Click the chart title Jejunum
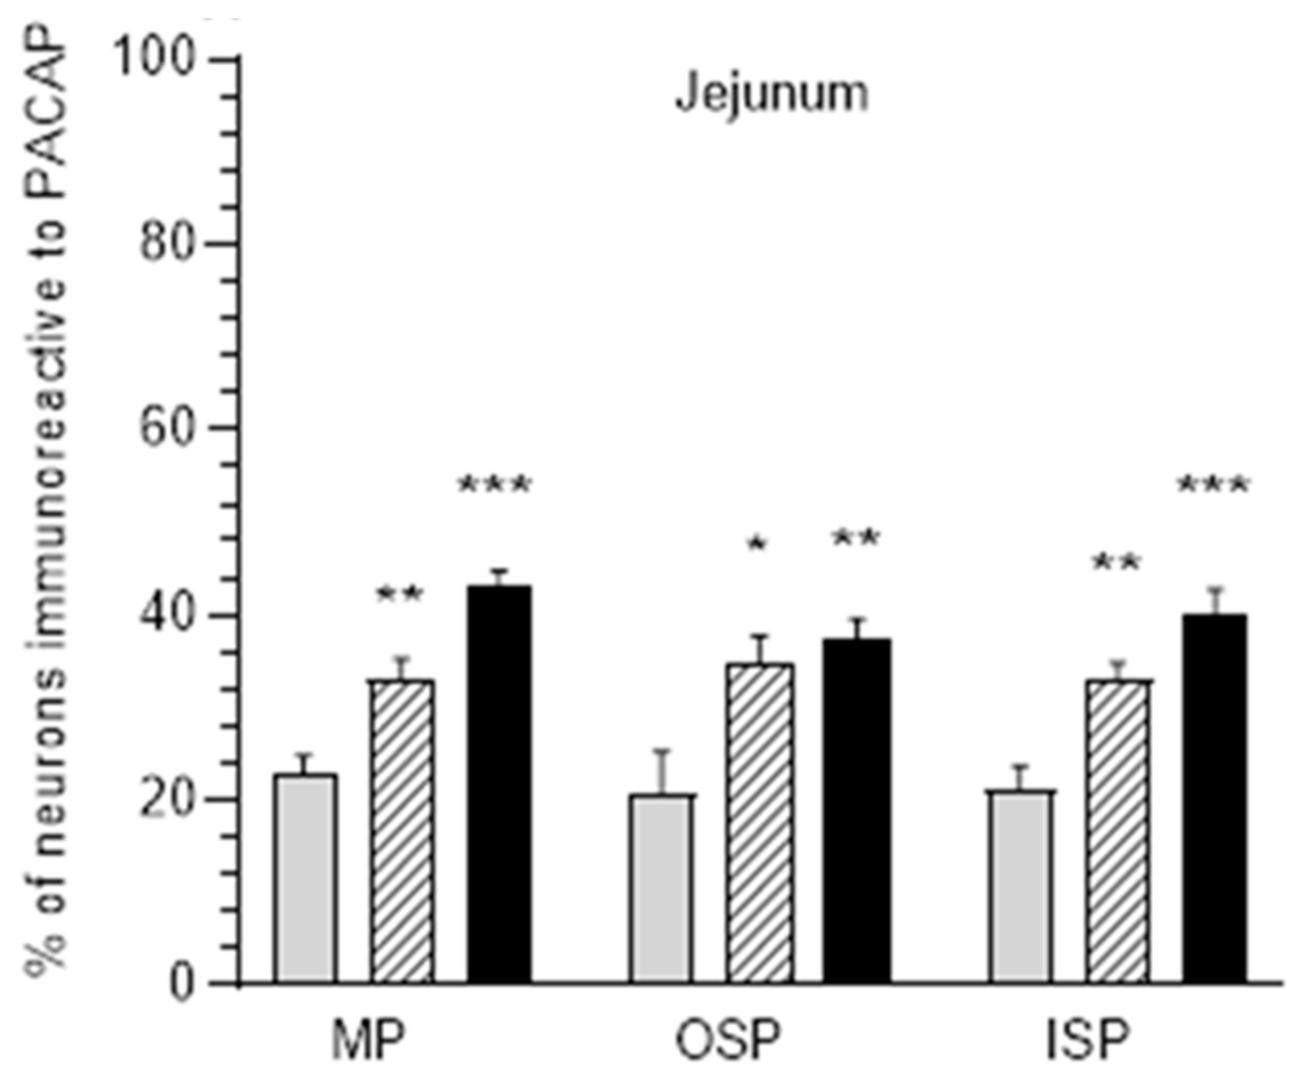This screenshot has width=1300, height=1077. pos(771,94)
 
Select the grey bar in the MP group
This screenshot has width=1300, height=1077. pos(305,879)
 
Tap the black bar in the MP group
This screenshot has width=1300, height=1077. pos(499,785)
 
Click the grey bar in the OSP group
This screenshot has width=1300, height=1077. pos(662,889)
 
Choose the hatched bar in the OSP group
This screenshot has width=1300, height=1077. pos(759,824)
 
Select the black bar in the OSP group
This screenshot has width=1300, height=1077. pos(857,811)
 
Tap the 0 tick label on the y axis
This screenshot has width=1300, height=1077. pos(183,984)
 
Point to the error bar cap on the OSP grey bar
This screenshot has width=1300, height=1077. pos(662,751)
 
